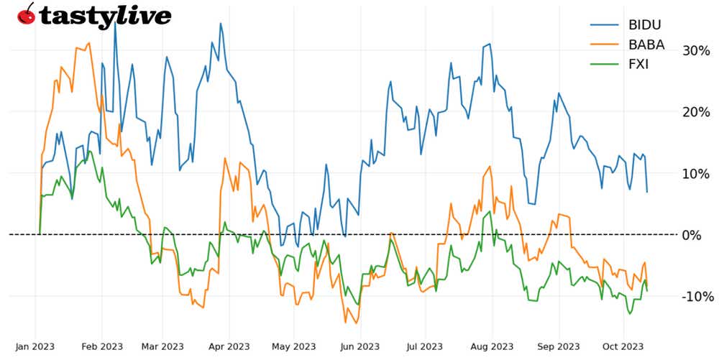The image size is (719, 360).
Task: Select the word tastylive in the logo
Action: pos(105,16)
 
